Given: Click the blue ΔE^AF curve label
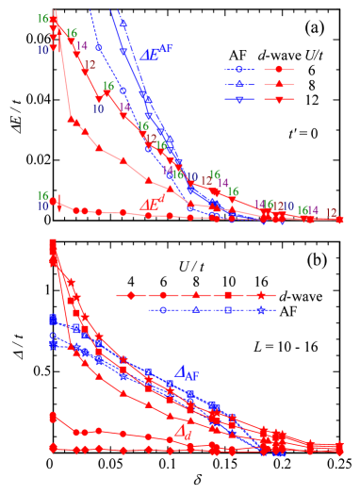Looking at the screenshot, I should tap(156, 53).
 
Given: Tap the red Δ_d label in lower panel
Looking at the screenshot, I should tap(184, 432).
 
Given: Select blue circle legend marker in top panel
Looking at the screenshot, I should tap(239, 69).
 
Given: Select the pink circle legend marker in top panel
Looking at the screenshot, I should tap(279, 69).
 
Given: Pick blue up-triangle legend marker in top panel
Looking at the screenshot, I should tap(239, 84).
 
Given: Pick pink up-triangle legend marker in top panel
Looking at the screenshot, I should tap(279, 84).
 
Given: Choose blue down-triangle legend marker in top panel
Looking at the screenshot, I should tap(239, 99).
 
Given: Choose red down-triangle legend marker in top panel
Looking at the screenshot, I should tap(279, 99).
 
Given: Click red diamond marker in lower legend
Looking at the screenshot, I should tap(131, 295).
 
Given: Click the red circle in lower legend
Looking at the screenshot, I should tap(163, 295).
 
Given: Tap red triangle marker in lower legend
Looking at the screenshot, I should tap(195, 295).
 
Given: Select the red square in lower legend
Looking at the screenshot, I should tap(228, 295).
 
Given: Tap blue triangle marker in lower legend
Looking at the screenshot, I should tap(195, 309).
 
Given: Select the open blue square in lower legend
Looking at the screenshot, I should tap(228, 309).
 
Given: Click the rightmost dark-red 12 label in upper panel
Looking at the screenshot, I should tap(331, 212).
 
